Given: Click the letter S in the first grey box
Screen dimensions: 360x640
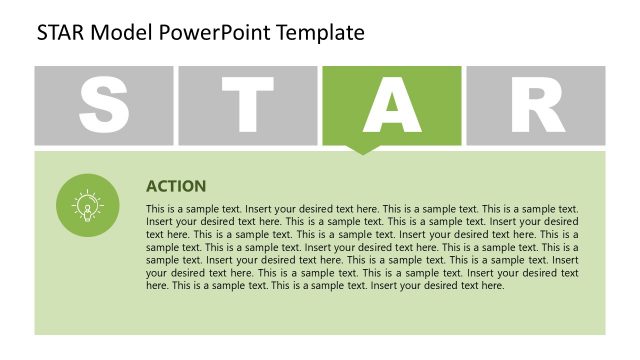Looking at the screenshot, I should [104, 105].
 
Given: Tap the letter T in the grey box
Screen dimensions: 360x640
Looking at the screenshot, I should [248, 105].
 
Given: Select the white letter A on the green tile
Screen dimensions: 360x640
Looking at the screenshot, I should [392, 105].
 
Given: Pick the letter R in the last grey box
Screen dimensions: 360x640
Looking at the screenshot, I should [537, 105].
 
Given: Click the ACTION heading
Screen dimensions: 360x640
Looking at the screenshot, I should [176, 186].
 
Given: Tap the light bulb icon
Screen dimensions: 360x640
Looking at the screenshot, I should [88, 206].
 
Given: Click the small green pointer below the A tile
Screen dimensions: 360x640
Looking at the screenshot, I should [363, 150].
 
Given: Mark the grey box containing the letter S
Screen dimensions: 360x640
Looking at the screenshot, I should [50, 80].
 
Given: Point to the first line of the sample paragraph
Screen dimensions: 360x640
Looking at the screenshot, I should [362, 209].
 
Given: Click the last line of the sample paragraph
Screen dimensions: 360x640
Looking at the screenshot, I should [325, 285].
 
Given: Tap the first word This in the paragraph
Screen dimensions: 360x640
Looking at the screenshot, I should [155, 209].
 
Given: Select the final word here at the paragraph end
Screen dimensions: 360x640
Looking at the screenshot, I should [492, 285].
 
